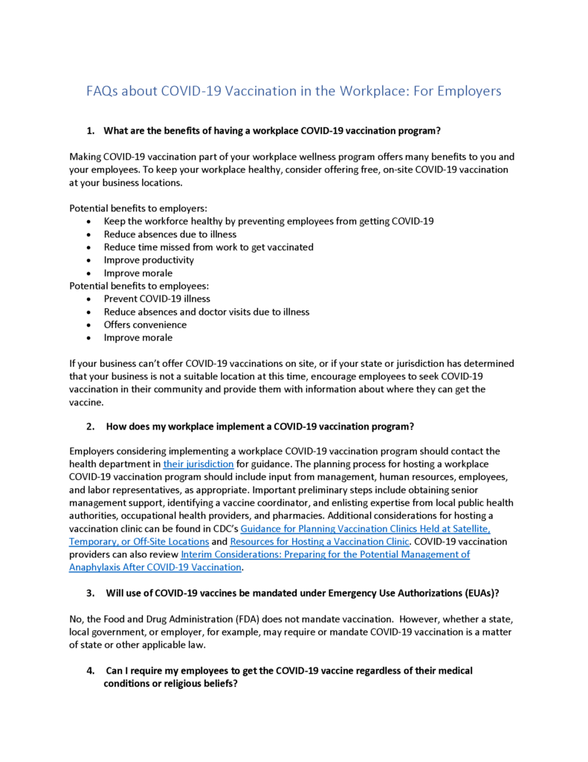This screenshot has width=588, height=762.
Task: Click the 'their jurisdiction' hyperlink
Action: [198, 464]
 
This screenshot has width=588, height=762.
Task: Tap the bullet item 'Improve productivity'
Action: [149, 260]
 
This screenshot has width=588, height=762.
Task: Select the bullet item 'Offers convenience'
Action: [145, 324]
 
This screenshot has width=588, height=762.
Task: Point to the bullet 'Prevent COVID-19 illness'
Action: [157, 299]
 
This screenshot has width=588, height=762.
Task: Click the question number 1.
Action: [90, 131]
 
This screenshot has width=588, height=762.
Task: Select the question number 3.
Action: [90, 593]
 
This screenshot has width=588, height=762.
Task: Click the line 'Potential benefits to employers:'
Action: [138, 208]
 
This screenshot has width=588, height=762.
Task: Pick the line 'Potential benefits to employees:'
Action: [140, 286]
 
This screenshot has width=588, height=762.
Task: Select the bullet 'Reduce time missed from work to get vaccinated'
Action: [208, 247]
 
